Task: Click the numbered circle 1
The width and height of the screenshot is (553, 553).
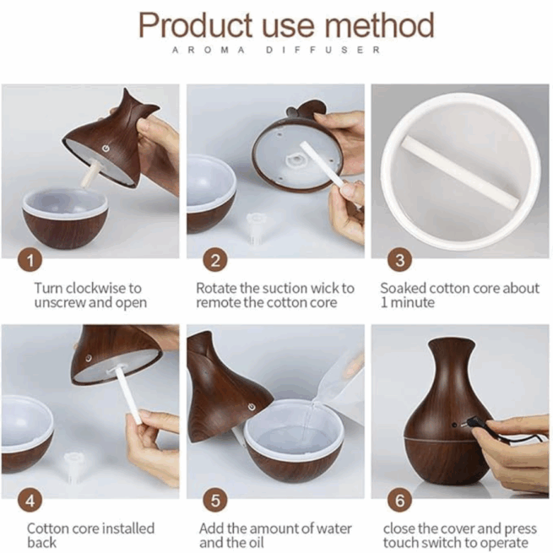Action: point(30,261)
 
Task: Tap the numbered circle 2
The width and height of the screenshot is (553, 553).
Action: point(214,261)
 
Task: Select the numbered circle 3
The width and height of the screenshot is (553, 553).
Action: point(399,261)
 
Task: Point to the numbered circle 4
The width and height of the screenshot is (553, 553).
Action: point(30,501)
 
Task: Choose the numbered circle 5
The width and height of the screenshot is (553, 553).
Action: point(214,501)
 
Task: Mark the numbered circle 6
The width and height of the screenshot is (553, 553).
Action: point(399,501)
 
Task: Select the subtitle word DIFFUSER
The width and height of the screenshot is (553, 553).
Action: point(323,50)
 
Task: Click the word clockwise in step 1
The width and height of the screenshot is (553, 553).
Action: point(96,288)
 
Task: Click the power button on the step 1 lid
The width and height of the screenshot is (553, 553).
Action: point(106,149)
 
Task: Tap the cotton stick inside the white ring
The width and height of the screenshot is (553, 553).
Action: point(460,171)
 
